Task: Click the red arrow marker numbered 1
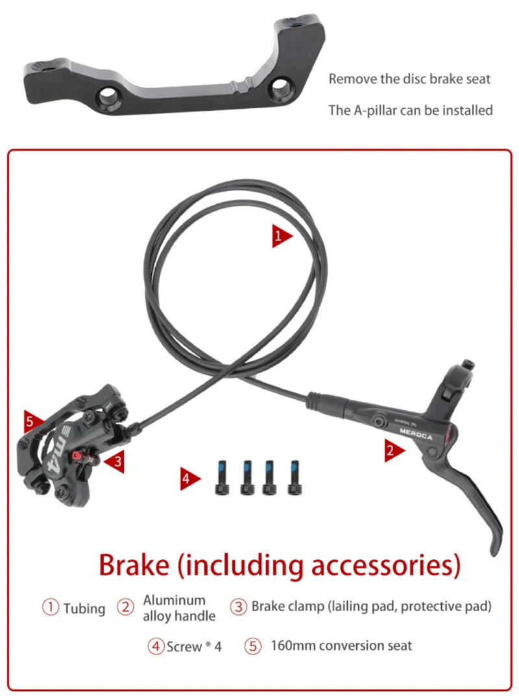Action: [x=281, y=236]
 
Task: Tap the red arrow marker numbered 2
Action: [x=394, y=450]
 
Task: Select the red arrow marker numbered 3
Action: [x=115, y=462]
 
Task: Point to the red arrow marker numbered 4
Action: [x=189, y=479]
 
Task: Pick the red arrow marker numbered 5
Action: [x=32, y=423]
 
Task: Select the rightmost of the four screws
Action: [x=295, y=477]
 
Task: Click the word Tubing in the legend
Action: [x=84, y=609]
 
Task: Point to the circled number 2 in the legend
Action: [x=125, y=608]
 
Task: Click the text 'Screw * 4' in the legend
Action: [x=194, y=646]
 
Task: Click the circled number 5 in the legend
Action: [x=254, y=646]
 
